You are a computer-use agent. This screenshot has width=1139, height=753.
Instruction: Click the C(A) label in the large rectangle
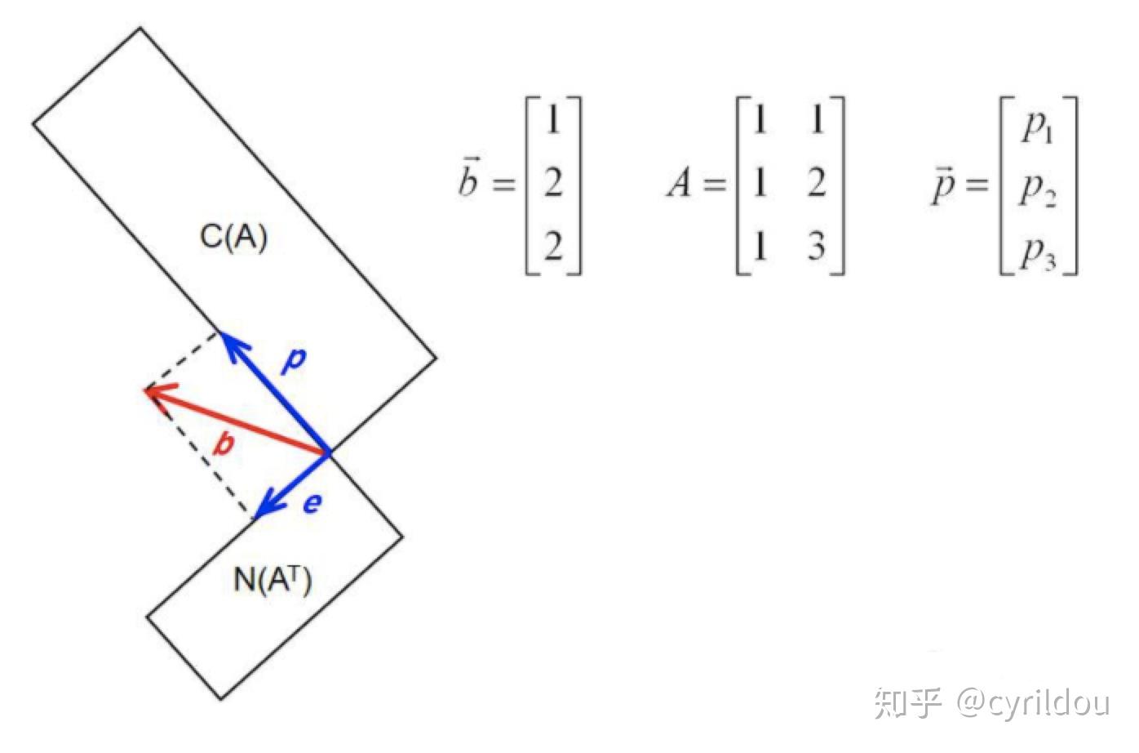(233, 237)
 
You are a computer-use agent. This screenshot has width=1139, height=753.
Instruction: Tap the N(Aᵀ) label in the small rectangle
(273, 580)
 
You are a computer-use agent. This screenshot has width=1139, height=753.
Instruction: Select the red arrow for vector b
(237, 421)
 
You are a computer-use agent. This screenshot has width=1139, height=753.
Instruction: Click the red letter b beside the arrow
(224, 444)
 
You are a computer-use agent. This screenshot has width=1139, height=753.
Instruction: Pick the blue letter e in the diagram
(312, 504)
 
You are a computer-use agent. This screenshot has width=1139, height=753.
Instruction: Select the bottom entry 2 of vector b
(553, 246)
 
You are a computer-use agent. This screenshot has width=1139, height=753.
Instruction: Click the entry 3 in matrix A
(817, 246)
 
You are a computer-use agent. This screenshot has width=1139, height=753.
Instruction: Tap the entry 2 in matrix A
(817, 183)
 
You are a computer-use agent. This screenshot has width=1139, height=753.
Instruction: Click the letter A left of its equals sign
(679, 183)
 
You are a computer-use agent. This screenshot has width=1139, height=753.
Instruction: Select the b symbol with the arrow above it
(468, 181)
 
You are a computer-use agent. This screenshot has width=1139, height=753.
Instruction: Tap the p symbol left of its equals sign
(942, 186)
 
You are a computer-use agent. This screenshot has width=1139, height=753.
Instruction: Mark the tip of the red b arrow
(146, 390)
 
